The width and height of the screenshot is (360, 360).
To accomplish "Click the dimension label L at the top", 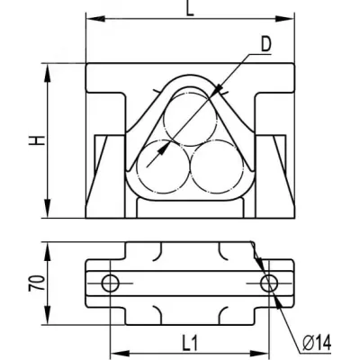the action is [x=190, y=8].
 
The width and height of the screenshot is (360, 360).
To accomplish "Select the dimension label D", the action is [x=265, y=44].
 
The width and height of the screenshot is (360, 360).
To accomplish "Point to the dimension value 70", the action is [x=37, y=283].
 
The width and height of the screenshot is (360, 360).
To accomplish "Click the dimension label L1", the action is [x=190, y=343].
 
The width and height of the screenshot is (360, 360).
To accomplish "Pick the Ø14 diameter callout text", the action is [x=317, y=343].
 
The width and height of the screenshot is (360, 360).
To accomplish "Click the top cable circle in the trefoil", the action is [x=190, y=120].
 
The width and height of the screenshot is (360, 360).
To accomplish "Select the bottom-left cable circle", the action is [x=164, y=166].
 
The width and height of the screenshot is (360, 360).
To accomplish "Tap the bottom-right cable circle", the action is [x=217, y=166].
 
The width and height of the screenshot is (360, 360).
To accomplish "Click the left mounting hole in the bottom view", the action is [x=111, y=283].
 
